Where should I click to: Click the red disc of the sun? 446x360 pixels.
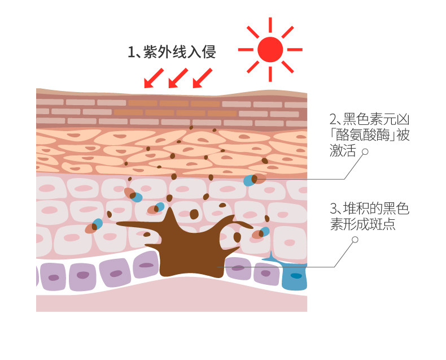point(270,50)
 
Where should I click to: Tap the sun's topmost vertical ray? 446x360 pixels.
point(270,25)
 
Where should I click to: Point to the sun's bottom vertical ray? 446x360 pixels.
point(270,74)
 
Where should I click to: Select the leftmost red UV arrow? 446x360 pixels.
point(153,79)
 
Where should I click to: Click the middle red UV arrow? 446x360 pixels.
point(177,79)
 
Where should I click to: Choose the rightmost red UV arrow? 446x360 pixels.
point(202,79)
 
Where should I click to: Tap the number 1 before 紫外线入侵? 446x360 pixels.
point(131,53)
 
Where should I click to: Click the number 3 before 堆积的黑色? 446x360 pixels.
point(333,209)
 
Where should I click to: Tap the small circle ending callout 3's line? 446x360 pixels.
point(355,240)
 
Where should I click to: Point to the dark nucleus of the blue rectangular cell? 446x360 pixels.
point(295,276)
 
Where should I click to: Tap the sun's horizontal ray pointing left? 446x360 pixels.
point(246,50)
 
